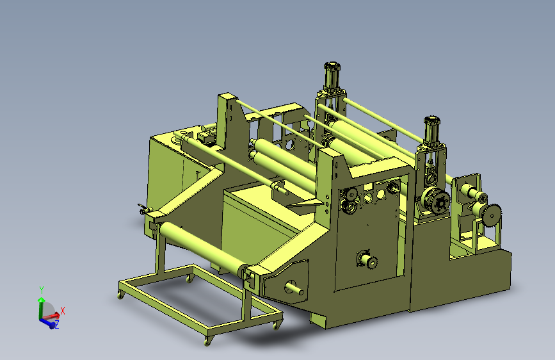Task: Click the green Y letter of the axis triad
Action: pyautogui.click(x=41, y=290)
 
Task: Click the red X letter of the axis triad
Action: pyautogui.click(x=63, y=311)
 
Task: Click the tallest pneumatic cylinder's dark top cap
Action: pyautogui.click(x=332, y=66)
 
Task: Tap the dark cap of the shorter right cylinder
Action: pyautogui.click(x=431, y=120)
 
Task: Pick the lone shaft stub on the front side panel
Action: pyautogui.click(x=367, y=259)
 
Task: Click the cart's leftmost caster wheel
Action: pyautogui.click(x=120, y=294)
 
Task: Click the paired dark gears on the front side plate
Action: pyautogui.click(x=350, y=199)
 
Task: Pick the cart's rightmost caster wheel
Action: pyautogui.click(x=277, y=325)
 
